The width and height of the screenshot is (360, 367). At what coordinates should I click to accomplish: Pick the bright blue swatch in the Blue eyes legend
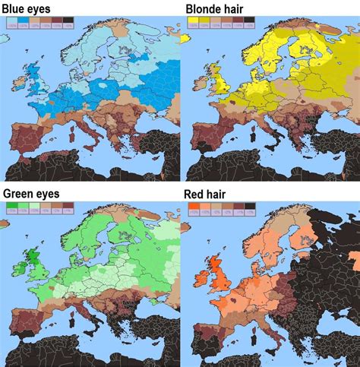pos(24,24)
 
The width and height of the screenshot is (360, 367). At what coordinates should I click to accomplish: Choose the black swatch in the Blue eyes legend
pos(68,24)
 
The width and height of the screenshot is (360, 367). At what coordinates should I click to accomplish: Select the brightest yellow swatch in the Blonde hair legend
pos(194,24)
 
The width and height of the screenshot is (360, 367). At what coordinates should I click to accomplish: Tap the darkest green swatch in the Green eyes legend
pos(12,207)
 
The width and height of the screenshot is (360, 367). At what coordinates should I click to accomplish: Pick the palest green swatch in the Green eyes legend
pos(34,207)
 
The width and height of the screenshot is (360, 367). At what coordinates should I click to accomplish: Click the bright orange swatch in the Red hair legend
pos(194,207)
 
